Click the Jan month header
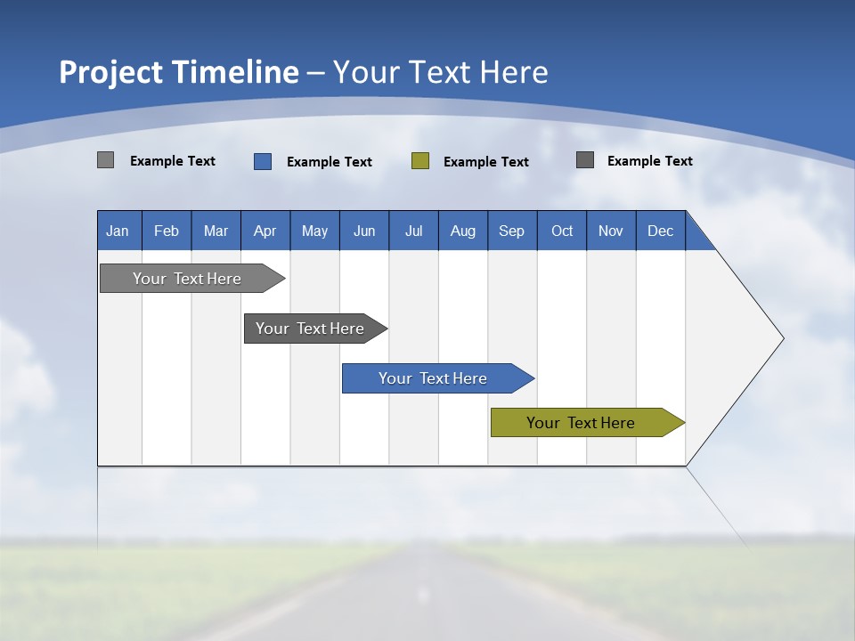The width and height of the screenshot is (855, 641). coord(118,231)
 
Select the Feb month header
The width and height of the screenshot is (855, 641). coord(167,231)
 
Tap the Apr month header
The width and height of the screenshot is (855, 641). coord(265,231)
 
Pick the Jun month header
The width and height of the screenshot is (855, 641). coord(364,231)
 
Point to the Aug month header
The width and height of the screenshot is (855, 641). coord(463,231)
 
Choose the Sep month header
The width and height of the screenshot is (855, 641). coord(512,231)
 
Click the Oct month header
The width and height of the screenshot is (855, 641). coord(562,231)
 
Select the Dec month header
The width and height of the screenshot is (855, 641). coord(661,231)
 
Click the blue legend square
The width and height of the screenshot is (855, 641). coord(263,161)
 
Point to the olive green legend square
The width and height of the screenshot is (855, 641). coord(420,161)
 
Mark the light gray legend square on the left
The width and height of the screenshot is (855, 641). coord(106,160)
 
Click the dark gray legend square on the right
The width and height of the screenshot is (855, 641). coord(585,160)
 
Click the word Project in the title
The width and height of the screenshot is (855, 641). coord(110,72)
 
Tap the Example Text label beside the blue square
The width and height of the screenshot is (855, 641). coord(330,162)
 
